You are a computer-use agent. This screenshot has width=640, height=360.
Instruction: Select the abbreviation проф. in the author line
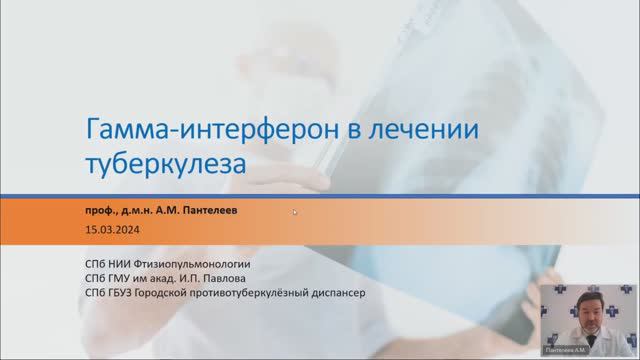(x=102, y=212)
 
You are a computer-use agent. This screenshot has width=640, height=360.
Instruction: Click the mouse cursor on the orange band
(x=295, y=212)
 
